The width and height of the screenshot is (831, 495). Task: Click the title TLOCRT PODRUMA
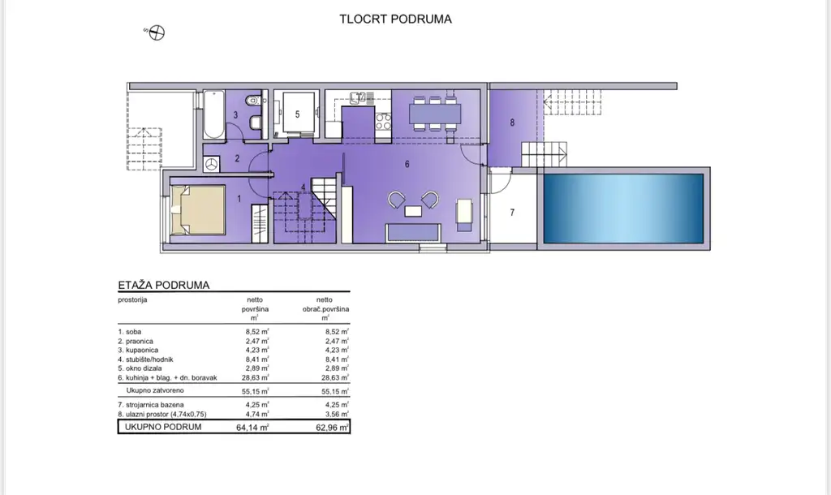(395, 19)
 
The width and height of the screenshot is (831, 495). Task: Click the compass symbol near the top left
(157, 32)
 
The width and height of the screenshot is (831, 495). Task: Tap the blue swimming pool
(623, 209)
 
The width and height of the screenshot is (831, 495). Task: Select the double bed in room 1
(198, 209)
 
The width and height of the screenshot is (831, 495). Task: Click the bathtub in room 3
(214, 114)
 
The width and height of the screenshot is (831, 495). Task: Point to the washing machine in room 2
(212, 164)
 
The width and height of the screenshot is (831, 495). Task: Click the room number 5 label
(297, 114)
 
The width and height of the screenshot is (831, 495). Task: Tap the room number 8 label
(512, 123)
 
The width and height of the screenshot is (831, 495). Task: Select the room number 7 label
(512, 213)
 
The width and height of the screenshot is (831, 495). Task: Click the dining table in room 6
(435, 113)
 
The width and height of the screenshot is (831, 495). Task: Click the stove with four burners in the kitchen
(383, 122)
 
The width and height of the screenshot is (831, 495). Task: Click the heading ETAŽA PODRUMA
(164, 285)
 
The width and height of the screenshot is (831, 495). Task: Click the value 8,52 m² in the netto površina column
(257, 332)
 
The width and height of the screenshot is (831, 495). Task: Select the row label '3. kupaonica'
(138, 350)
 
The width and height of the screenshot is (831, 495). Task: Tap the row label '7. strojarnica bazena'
(151, 405)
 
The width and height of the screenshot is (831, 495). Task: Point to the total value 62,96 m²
(332, 427)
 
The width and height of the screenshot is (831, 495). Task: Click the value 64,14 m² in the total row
(253, 427)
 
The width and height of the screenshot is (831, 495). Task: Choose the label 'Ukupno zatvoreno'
(155, 390)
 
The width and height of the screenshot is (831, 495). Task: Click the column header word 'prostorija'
(132, 300)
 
